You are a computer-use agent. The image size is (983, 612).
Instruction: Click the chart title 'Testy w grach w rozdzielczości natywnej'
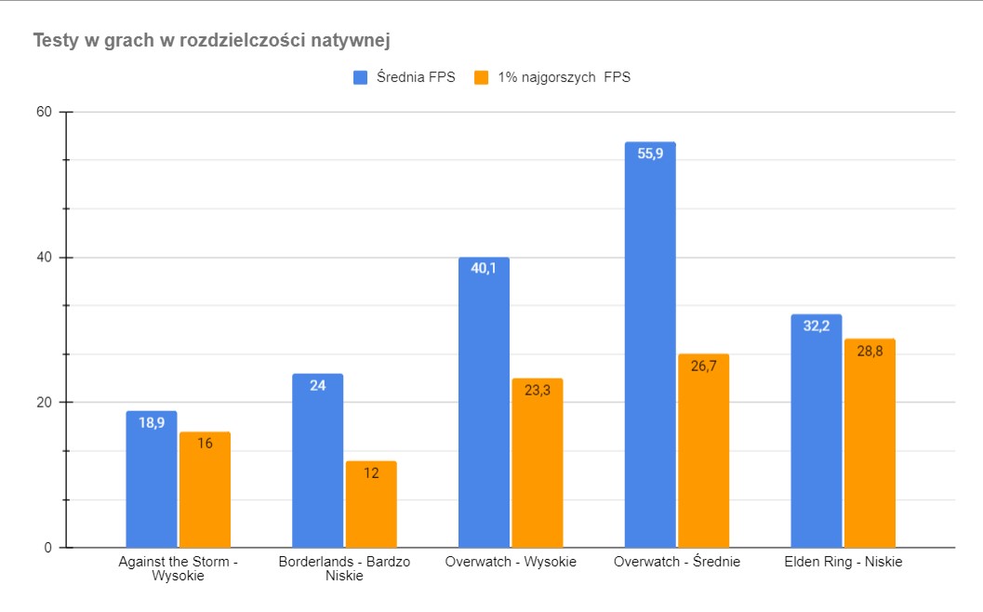point(211,41)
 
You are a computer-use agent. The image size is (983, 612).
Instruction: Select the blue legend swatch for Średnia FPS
point(361,77)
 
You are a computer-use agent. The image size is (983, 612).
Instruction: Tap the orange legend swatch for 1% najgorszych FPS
point(482,77)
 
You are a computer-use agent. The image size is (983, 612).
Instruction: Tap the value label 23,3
point(538,391)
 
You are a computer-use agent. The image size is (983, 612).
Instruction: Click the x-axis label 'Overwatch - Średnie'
point(677,562)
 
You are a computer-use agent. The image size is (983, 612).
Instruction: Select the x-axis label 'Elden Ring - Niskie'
point(844,562)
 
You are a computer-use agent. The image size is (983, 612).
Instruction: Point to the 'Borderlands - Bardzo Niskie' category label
point(344,568)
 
